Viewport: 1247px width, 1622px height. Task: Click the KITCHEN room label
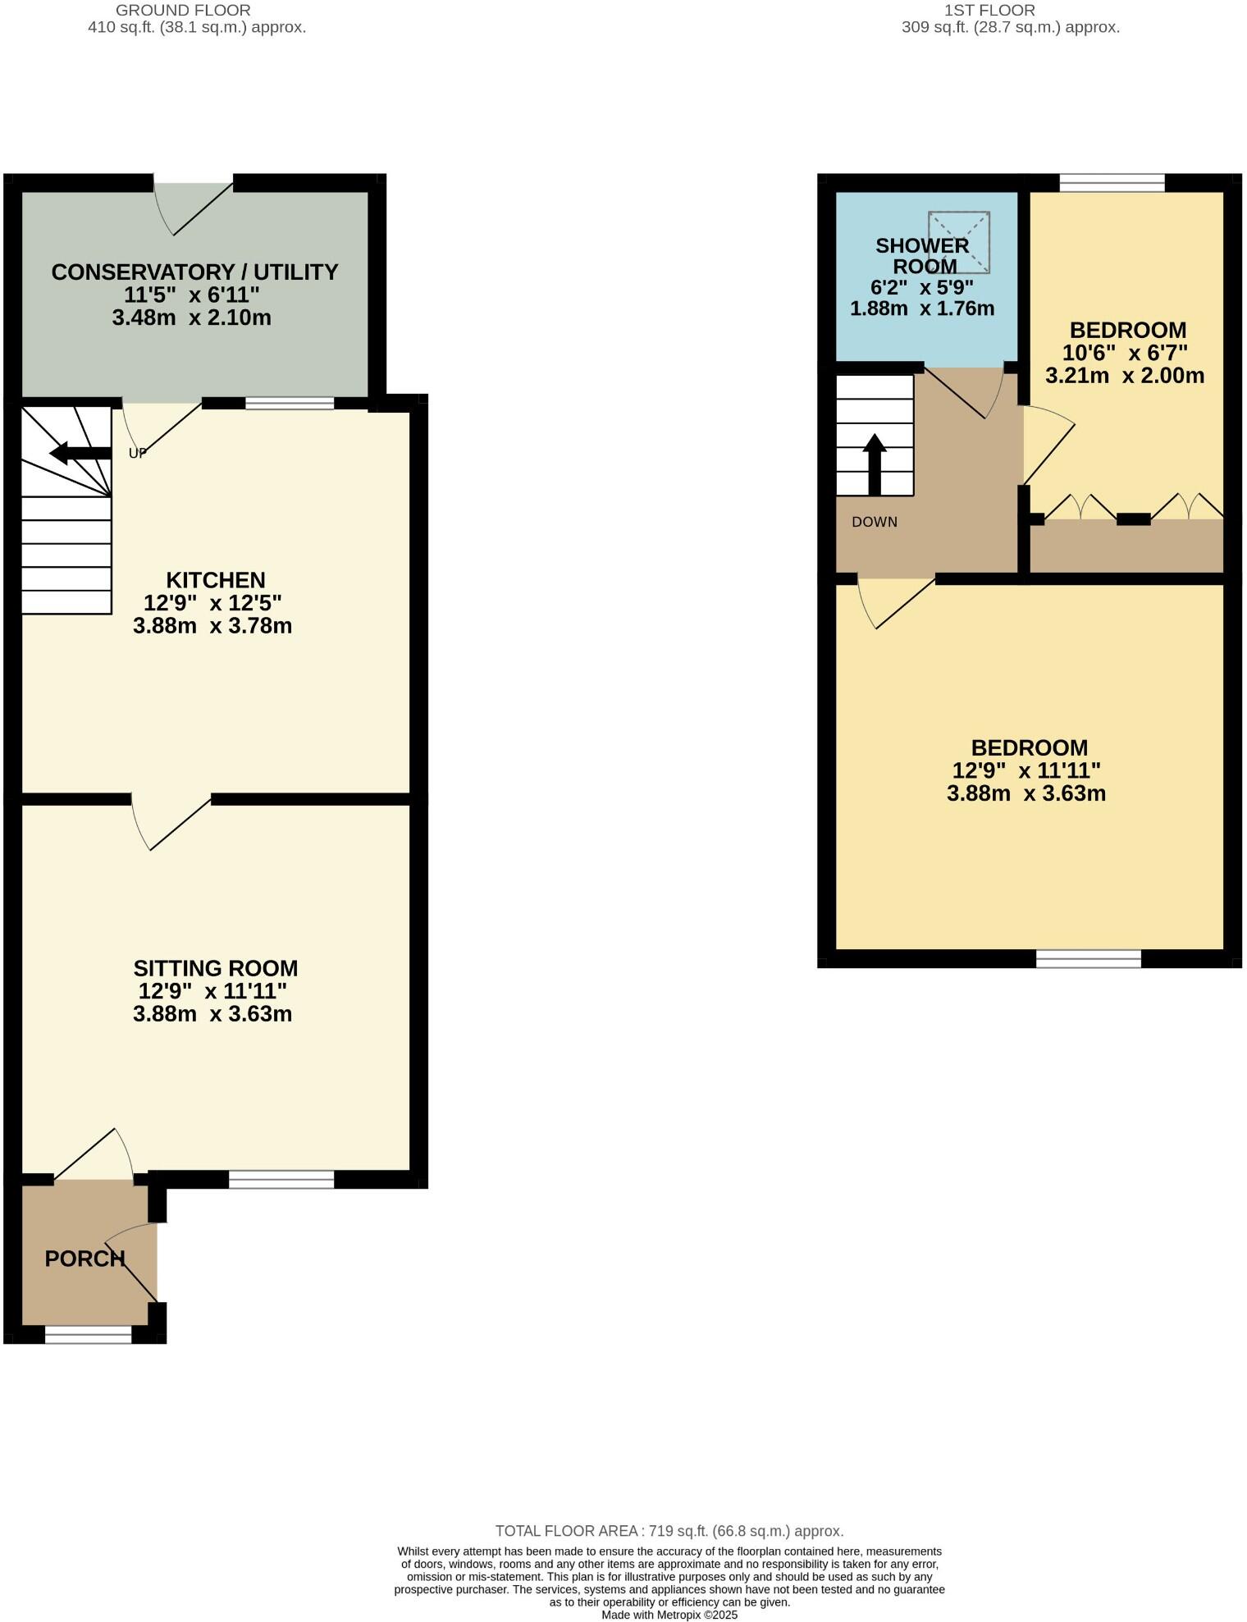216,580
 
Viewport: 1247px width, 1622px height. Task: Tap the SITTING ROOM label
215,968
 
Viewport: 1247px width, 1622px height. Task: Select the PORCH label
85,1259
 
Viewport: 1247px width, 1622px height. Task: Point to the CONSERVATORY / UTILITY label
194,272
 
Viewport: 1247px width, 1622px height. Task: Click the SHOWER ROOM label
923,256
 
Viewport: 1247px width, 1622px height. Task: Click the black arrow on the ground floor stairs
80,453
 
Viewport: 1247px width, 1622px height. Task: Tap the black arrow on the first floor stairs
875,464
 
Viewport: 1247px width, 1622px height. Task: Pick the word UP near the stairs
138,453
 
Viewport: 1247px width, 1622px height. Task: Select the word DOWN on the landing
875,522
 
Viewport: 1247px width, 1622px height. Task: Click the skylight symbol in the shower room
959,242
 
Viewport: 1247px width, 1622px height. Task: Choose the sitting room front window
281,1180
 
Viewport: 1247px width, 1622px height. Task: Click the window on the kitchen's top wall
290,403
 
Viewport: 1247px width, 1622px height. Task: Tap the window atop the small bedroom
1112,183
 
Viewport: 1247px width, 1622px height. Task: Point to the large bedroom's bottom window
1089,958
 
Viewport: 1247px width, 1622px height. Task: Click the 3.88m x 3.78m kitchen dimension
212,626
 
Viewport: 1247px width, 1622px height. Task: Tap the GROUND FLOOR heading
183,11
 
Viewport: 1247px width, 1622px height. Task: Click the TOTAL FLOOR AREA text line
669,1531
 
